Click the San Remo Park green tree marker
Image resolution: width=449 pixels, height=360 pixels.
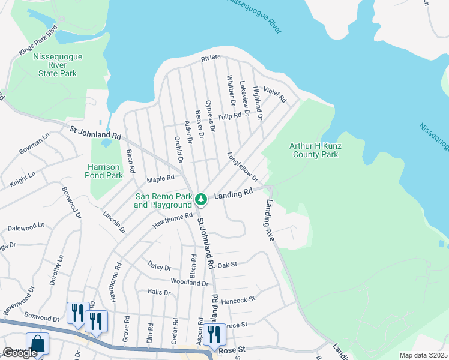202,197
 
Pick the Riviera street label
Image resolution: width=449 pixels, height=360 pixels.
211,57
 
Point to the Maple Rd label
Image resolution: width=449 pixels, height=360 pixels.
160,178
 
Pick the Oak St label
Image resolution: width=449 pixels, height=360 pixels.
228,264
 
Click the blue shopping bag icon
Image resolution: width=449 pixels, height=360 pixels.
37,345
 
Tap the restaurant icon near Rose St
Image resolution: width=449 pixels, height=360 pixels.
214,335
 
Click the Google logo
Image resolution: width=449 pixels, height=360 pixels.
20,353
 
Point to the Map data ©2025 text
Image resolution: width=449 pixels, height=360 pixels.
423,355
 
